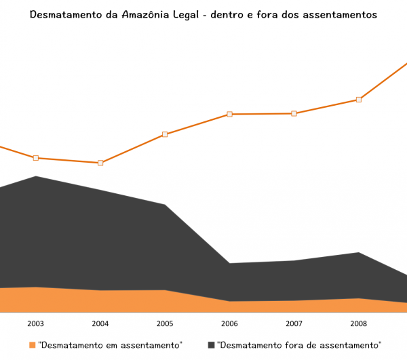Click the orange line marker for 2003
click(36, 158)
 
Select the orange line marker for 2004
click(100, 163)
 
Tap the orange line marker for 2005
click(165, 134)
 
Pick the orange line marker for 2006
click(229, 114)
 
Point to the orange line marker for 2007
click(294, 113)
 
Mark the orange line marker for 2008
click(359, 100)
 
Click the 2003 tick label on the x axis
click(36, 323)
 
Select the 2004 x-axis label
click(100, 323)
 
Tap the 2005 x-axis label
click(165, 323)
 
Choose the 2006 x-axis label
click(229, 323)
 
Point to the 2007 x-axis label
click(294, 323)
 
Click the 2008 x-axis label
click(359, 323)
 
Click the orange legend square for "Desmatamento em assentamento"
click(32, 345)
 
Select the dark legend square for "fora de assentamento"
click(211, 345)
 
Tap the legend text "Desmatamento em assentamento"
click(111, 345)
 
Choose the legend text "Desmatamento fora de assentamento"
click(299, 345)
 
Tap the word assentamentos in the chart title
click(336, 14)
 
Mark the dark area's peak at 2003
click(36, 177)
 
